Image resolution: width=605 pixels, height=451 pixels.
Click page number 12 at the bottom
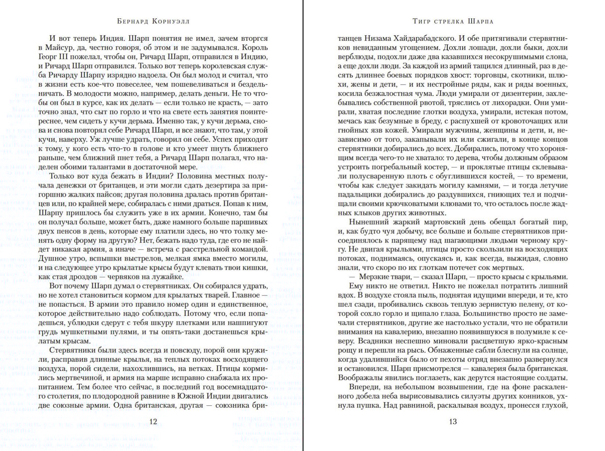point(153,421)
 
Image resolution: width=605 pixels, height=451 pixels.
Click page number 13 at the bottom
point(453,421)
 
